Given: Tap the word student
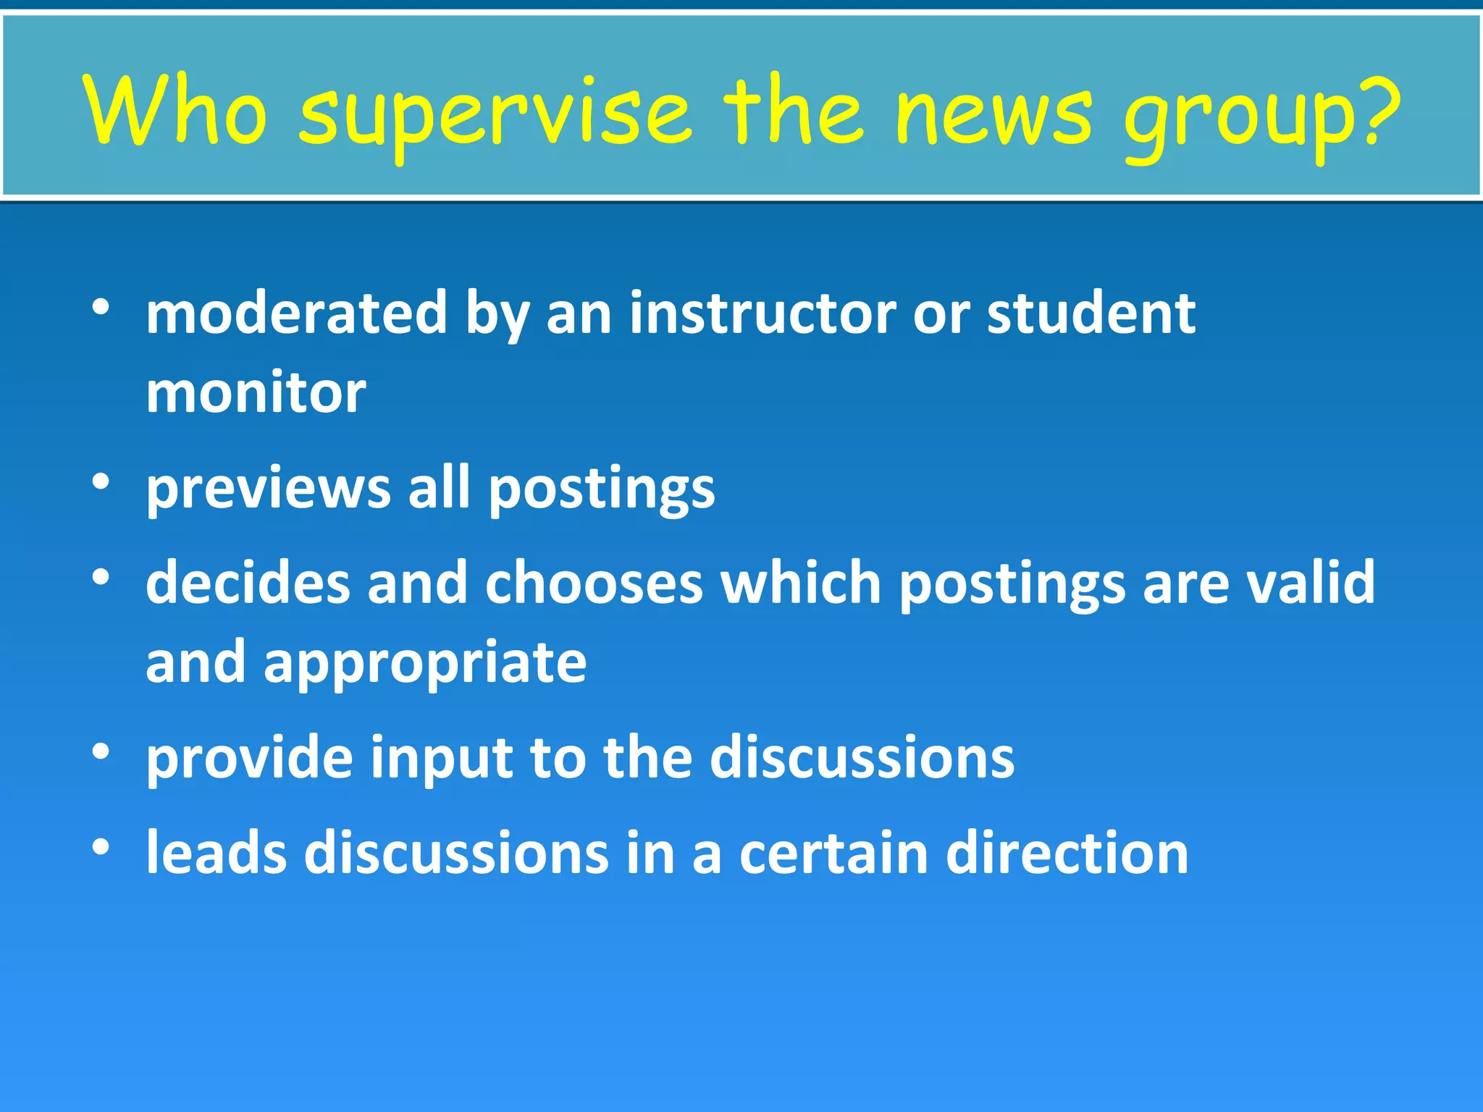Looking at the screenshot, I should (1091, 313).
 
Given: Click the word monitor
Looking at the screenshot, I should (256, 392).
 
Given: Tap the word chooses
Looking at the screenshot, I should (594, 582).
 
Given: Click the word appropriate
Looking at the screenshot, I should (424, 663).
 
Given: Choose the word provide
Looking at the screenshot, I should (249, 758).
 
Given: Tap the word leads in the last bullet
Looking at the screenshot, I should (216, 852).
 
